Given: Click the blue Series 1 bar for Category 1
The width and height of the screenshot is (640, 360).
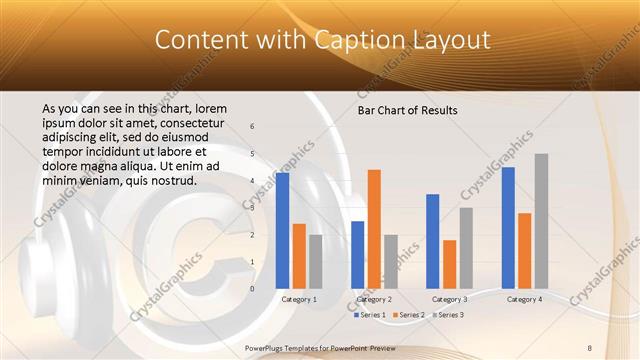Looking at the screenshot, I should click(283, 230).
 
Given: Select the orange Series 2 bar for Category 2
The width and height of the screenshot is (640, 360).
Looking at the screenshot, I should click(374, 229).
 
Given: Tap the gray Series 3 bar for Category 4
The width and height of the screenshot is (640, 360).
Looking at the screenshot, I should click(541, 221).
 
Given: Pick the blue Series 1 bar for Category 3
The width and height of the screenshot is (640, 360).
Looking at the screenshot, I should click(433, 241).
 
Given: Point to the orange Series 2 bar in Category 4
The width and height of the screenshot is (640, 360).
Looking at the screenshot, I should click(524, 250).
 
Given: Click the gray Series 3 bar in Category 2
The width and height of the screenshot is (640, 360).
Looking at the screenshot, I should click(391, 262).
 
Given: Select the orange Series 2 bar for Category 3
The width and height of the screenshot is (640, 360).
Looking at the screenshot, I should click(450, 264).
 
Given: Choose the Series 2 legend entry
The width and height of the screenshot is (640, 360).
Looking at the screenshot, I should click(411, 315).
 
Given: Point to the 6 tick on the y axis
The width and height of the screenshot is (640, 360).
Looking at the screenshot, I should click(252, 126).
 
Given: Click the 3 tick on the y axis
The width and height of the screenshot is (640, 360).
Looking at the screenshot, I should click(252, 208).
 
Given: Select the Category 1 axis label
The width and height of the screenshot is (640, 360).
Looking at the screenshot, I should click(299, 299).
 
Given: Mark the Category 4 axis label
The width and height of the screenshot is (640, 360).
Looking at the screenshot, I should click(524, 299).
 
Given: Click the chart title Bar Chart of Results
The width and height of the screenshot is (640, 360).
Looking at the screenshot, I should click(408, 110).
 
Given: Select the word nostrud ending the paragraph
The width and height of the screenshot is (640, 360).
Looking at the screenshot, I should click(171, 181).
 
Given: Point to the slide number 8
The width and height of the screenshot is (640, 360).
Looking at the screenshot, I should click(590, 348).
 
